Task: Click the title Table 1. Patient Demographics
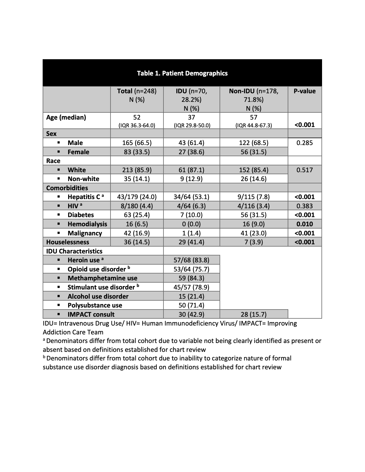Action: tap(182, 73)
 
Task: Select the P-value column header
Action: tap(305, 91)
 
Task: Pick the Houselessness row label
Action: tap(68, 242)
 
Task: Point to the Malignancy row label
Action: tap(85, 233)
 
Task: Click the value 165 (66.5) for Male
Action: tap(137, 143)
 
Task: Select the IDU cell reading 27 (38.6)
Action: tap(191, 152)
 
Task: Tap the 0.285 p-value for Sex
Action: tap(305, 143)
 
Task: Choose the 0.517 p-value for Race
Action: tap(305, 170)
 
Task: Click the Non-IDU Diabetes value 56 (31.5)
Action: tap(253, 215)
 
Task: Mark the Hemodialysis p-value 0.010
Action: tap(305, 224)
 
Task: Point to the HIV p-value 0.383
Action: tap(305, 206)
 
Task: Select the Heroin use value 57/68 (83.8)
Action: tap(191, 260)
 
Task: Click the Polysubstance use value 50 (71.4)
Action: tap(191, 305)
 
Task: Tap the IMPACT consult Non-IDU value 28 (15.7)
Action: tap(253, 314)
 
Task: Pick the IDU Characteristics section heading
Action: tap(74, 251)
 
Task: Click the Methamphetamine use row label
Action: tap(102, 278)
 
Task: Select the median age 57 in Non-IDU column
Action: tap(253, 117)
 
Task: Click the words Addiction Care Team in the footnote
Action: tap(73, 332)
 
